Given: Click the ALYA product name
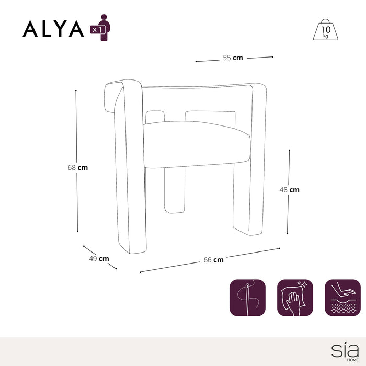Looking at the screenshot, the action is pos(53,29).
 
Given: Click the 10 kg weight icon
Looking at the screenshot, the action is pos(325,30).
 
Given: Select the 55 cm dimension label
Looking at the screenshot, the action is pos(233,58).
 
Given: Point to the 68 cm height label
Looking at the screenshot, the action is pos(78,168).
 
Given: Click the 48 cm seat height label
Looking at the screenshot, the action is pos(289,190).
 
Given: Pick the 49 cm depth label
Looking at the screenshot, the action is pos(99,259).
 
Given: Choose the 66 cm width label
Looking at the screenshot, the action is pos(213,260).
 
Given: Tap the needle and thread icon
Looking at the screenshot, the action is pos(247,298).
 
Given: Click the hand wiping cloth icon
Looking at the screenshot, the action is pos(295,298).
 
